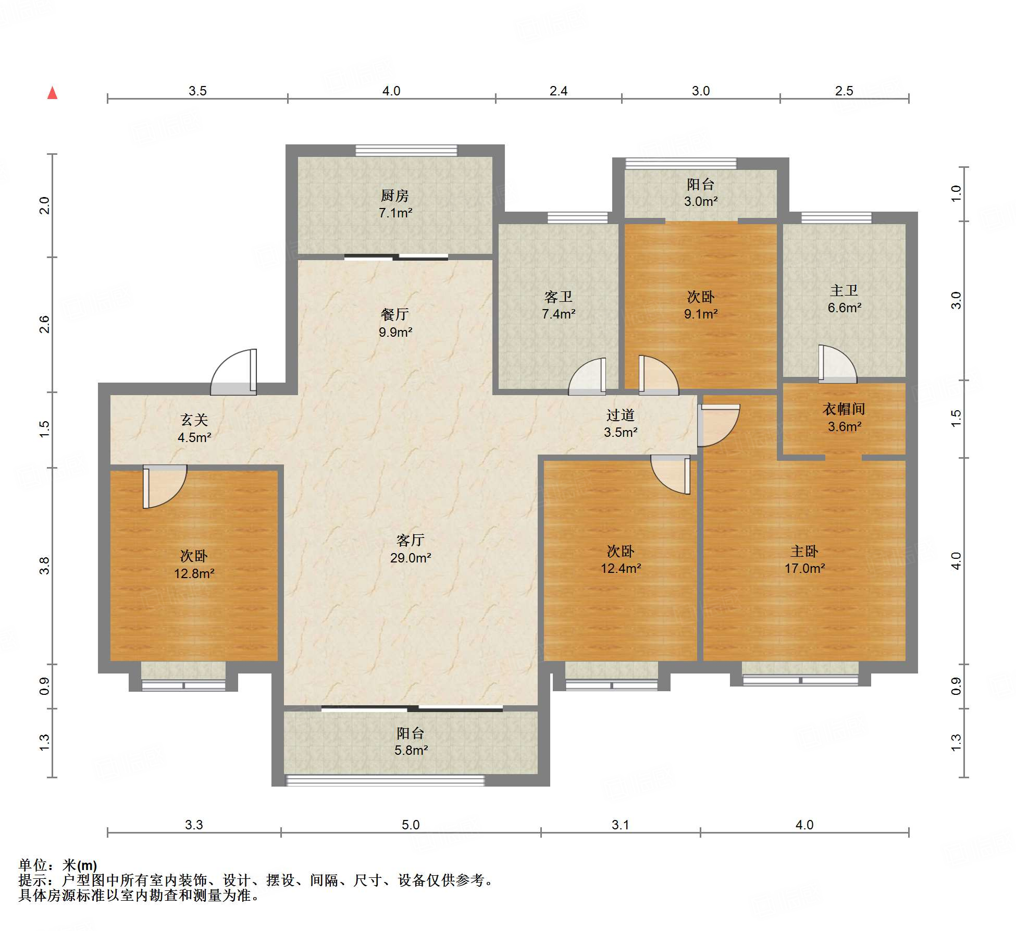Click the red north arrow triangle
click(52, 93)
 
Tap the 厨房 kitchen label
click(394, 195)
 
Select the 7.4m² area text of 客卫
click(559, 314)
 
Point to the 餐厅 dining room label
click(394, 314)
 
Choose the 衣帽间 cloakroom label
click(844, 409)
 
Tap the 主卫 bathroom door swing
click(837, 364)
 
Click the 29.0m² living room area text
click(411, 558)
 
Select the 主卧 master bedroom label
click(804, 551)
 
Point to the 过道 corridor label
click(620, 415)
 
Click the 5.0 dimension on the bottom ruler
click(411, 825)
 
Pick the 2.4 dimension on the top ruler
click(559, 91)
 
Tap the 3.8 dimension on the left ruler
click(45, 566)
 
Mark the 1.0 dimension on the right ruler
click(956, 194)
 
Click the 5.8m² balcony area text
click(411, 750)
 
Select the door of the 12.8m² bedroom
click(165, 486)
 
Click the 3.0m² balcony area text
click(701, 201)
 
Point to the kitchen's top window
click(406, 151)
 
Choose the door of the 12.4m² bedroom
click(671, 474)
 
